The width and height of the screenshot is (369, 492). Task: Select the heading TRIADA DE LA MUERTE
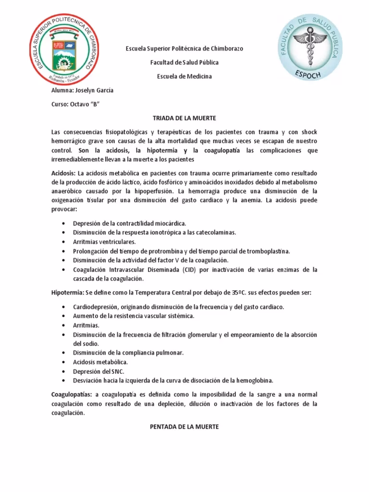[184, 118]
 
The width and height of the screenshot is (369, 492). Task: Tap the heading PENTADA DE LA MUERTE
[184, 426]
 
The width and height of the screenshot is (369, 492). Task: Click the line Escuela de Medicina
[184, 76]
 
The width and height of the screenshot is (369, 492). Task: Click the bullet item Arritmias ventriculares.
[104, 242]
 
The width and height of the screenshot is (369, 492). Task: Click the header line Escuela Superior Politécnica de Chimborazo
[184, 49]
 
